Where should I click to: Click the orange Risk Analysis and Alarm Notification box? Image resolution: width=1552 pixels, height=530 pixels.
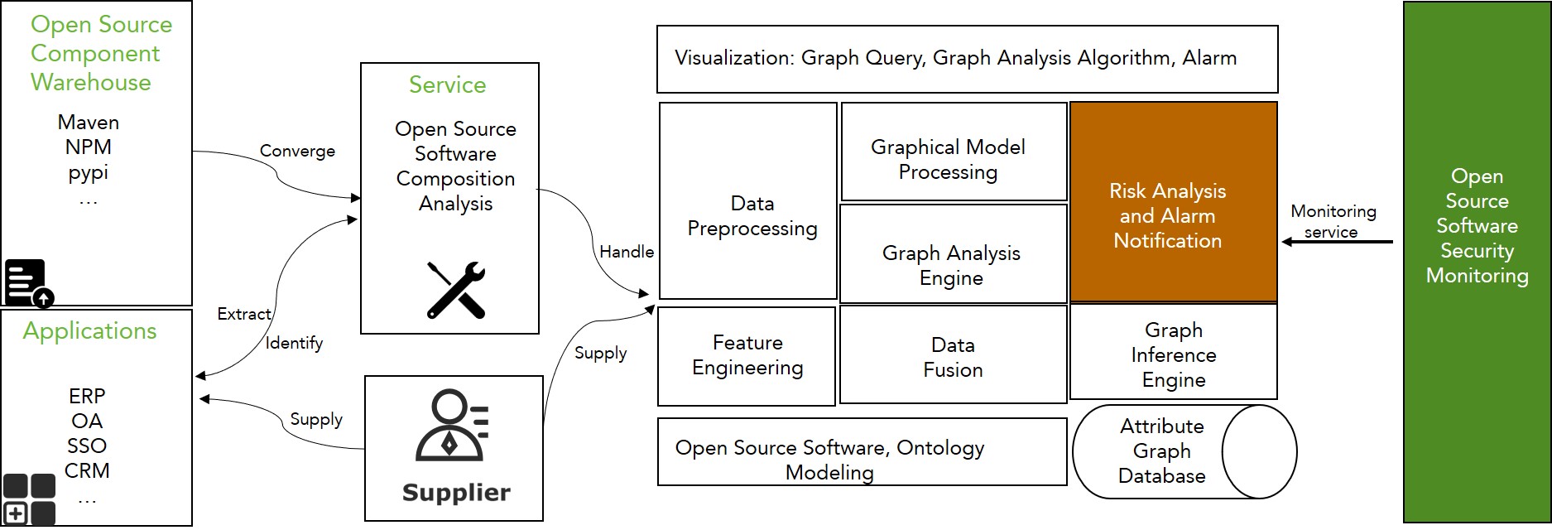point(1173,201)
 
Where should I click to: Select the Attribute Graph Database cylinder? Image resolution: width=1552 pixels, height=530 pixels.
point(1184,451)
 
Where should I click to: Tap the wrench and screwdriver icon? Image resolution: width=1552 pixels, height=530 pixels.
point(455,290)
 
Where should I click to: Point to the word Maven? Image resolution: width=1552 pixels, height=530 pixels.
point(89,123)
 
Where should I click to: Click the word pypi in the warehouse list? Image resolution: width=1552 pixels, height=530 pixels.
point(89,173)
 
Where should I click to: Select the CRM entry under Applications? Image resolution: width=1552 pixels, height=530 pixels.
point(87,470)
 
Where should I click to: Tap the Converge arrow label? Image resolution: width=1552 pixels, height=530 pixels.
point(297,151)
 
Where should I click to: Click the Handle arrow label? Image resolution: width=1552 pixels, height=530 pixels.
point(627,252)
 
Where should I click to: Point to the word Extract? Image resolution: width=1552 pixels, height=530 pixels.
point(243,314)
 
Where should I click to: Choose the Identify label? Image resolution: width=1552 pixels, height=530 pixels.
point(294,343)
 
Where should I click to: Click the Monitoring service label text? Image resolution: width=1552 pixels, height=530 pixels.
point(1333,221)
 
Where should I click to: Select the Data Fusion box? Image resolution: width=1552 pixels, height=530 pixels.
point(953,356)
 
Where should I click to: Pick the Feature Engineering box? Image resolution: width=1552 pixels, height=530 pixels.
point(747,355)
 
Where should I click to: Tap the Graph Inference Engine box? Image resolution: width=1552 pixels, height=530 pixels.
point(1173,354)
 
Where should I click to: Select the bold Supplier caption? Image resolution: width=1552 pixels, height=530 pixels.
point(455,493)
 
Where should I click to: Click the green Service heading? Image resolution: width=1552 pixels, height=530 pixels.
point(447,84)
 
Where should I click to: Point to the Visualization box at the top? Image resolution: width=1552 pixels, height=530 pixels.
point(966,59)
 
